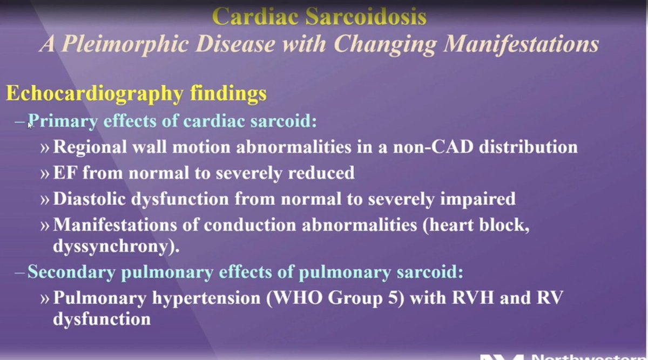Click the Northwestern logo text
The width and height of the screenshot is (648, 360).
pyautogui.click(x=589, y=356)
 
